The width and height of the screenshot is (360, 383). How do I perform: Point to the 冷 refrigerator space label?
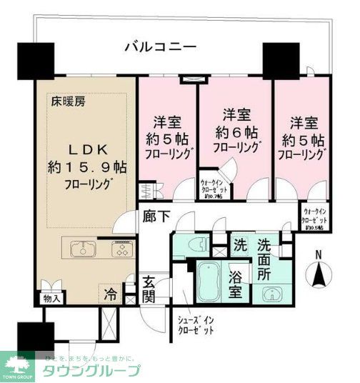(112, 292)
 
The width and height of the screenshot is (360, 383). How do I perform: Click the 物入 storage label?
(51, 297)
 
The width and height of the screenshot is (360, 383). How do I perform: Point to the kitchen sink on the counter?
(84, 250)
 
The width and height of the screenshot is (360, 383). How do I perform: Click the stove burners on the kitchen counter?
(116, 250)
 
